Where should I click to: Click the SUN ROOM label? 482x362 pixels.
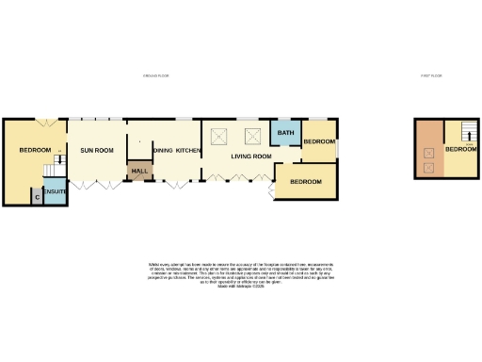pos(97,151)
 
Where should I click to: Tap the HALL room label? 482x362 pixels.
pos(140,171)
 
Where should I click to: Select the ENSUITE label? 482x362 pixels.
pos(55,193)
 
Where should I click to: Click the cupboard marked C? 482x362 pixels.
pos(36,195)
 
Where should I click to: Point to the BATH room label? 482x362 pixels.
pos(284,134)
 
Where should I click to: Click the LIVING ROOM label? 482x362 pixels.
pos(251,156)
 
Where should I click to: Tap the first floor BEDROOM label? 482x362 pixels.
pos(461,149)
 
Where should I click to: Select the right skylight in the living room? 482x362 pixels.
pos(252,136)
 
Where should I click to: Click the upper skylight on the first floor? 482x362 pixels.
pos(428,151)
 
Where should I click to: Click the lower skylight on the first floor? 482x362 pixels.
pos(428,168)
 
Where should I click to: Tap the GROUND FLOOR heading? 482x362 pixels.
pos(154,76)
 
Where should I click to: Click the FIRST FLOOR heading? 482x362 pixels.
pos(431,76)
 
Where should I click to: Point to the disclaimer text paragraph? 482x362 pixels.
pos(241,273)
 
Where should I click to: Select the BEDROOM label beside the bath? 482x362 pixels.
pos(317,141)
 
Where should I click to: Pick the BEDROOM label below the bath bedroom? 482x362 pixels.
pos(305,180)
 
